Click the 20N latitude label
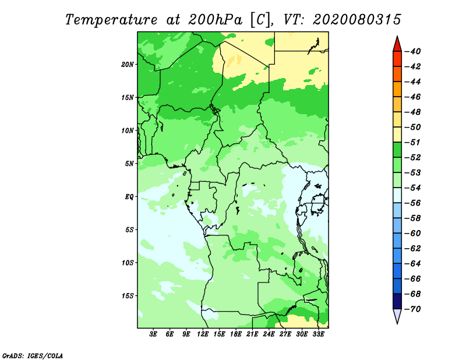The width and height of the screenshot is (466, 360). point(128,65)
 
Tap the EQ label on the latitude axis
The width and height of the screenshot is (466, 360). point(129,197)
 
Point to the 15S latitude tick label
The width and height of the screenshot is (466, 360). point(128,296)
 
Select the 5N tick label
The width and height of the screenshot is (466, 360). point(129,164)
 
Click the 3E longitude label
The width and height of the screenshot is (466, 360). point(153,334)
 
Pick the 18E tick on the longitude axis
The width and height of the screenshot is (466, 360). point(236,334)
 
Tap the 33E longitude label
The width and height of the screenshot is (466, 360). point(318,334)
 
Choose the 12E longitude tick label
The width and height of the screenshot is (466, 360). point(203,334)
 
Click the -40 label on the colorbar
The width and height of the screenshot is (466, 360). point(413,51)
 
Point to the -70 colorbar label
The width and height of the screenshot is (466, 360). point(413,309)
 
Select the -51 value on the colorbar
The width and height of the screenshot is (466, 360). point(413,142)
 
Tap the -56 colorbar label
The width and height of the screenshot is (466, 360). point(413,203)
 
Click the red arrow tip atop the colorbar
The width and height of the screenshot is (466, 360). point(397,36)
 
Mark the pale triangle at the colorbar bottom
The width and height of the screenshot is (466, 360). point(397,316)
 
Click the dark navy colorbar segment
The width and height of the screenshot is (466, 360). point(397,301)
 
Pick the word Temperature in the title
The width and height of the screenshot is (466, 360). point(111,20)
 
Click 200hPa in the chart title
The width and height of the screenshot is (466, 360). point(215,20)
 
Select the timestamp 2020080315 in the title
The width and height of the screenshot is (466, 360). point(357,20)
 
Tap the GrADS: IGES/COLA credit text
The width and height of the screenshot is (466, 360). point(33,356)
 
